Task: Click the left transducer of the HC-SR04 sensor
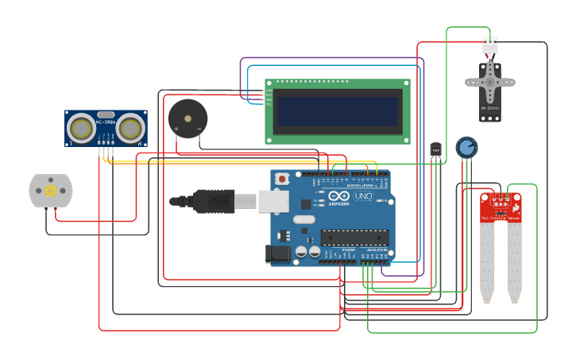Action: (x=80, y=127)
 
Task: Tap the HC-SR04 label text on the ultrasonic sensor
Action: (x=106, y=122)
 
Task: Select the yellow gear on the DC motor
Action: (x=51, y=191)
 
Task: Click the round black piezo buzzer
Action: (x=187, y=118)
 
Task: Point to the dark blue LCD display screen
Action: (x=338, y=111)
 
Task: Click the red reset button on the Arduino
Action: (x=282, y=180)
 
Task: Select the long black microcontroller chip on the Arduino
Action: (x=354, y=237)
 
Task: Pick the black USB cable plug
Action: (x=213, y=202)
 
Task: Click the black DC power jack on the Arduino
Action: (x=273, y=254)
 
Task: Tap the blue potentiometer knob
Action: (x=466, y=147)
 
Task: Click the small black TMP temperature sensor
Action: (x=435, y=149)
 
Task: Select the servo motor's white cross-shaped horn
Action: (x=489, y=81)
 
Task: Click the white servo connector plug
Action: (x=489, y=46)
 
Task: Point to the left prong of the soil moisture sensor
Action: (x=487, y=262)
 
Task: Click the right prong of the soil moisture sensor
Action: (x=515, y=262)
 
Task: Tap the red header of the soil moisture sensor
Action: (x=501, y=207)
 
